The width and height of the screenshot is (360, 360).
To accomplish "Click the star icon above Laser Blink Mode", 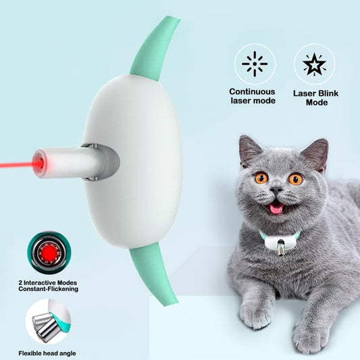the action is coord(314,65).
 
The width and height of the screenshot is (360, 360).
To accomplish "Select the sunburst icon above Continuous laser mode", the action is coord(255,63).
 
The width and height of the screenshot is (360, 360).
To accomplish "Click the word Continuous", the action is coord(252,92).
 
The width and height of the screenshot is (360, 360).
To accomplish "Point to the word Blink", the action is coord(327,93).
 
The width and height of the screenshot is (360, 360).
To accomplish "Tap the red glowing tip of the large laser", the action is coord(38,163).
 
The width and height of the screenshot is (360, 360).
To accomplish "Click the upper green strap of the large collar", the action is coord(155,49).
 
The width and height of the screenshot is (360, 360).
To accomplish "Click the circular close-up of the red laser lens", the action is coord(49,253).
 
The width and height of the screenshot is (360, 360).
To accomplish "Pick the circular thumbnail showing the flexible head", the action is coord(48,322).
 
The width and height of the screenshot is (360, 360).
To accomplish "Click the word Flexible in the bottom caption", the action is coord(30,353).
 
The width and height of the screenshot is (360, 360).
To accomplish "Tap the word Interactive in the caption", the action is coord(39,282).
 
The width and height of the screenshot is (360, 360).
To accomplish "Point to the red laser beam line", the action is coord(16,165).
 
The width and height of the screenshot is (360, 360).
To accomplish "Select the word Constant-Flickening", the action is coord(49,289).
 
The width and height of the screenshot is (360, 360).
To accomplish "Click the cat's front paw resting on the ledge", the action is coord(254,315).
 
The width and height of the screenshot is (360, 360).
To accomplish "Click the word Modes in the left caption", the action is coord(67,282).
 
